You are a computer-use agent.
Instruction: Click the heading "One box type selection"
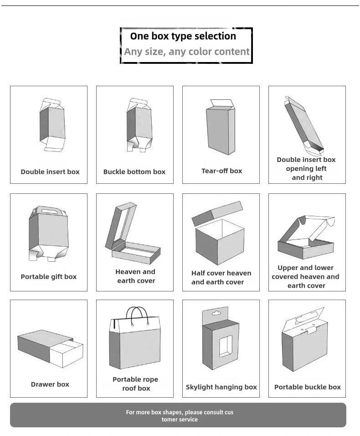(x=183, y=36)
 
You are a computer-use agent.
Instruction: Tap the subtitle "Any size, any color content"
(x=187, y=52)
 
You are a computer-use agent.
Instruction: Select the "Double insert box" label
(x=50, y=172)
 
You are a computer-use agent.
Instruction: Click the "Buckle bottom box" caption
(x=134, y=172)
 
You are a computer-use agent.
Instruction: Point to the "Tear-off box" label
(x=222, y=171)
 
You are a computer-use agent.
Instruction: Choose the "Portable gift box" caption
(x=49, y=277)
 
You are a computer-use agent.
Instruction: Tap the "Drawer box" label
(x=50, y=384)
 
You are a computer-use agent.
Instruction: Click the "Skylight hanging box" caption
(x=221, y=387)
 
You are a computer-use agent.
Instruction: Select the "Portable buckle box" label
(x=308, y=387)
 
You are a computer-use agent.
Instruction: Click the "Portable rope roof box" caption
(x=135, y=384)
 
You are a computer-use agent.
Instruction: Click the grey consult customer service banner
(x=178, y=415)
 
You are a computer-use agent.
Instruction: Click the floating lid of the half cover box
(x=217, y=213)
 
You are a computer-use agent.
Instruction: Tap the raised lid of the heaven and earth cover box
(x=120, y=226)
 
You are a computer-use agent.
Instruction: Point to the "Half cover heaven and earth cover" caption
(x=221, y=278)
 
